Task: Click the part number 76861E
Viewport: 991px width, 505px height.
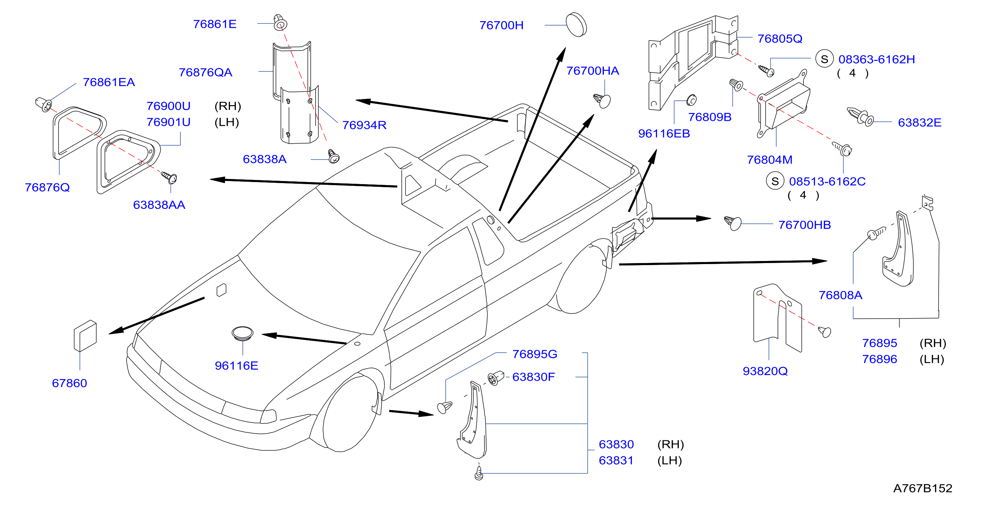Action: (x=215, y=24)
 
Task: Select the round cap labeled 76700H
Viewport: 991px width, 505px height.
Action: (x=576, y=25)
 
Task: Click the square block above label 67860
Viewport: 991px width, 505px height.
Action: (x=85, y=336)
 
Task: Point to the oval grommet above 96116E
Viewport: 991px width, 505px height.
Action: (x=242, y=333)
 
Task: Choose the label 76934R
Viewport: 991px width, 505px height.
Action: (x=364, y=125)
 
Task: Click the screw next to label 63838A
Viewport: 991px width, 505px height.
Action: (x=334, y=156)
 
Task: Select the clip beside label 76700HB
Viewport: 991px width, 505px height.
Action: (x=733, y=223)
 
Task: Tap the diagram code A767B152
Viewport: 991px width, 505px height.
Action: (x=923, y=488)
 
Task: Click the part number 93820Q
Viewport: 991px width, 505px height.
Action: (x=765, y=371)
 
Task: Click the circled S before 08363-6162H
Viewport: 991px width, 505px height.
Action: (x=825, y=59)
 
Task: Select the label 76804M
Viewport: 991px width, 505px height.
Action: (x=769, y=160)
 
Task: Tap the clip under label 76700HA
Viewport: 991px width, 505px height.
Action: (x=602, y=101)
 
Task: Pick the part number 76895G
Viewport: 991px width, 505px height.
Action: (x=535, y=354)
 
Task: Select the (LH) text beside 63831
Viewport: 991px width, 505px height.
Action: (x=669, y=460)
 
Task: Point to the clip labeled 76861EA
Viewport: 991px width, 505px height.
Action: (x=44, y=104)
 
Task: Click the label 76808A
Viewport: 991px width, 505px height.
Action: (x=840, y=295)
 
